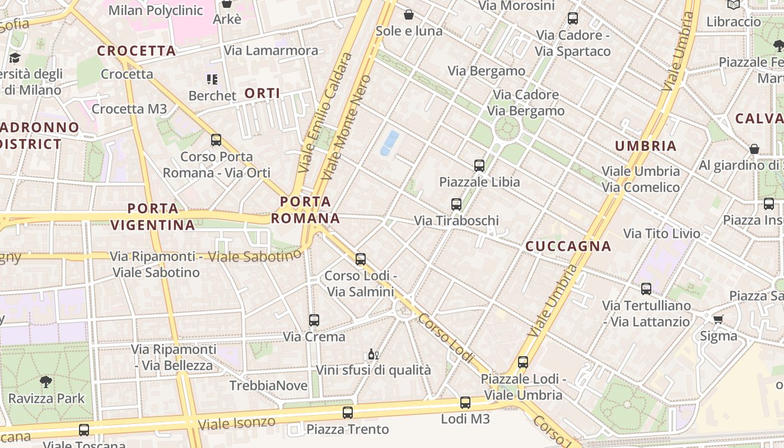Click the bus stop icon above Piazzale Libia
coord(479,165)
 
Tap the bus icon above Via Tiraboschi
coord(456,204)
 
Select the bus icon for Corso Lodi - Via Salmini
coord(361,259)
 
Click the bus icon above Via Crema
coord(314,320)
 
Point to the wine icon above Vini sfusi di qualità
coord(373,354)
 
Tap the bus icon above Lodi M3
coord(465,402)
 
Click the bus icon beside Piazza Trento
coord(348,413)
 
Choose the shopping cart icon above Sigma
coord(718,319)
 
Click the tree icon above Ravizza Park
coord(46,382)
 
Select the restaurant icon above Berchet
coord(212,80)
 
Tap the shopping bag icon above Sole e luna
coord(409,15)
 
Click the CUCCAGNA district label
coord(568,246)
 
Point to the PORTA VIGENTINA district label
coord(152,217)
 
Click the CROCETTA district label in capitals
coord(137,51)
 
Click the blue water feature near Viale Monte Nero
coord(390,143)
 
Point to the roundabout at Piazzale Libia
coord(507,129)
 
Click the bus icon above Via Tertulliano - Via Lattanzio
coord(646,289)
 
